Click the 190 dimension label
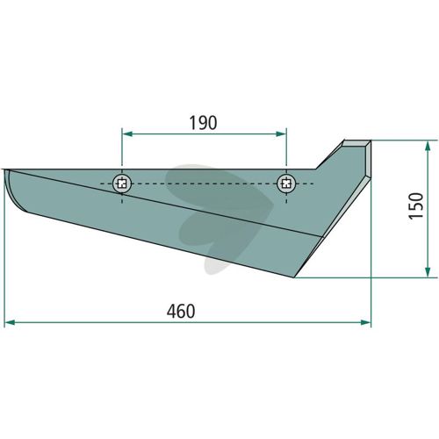(x=204, y=123)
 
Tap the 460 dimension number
(x=181, y=311)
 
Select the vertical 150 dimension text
(x=416, y=206)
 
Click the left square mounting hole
(x=122, y=184)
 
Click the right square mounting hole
(x=286, y=184)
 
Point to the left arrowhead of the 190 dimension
(x=127, y=134)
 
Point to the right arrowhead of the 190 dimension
(x=281, y=134)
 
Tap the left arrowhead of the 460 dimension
(x=11, y=322)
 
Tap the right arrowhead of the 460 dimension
(x=366, y=322)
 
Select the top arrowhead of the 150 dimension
(x=428, y=146)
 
